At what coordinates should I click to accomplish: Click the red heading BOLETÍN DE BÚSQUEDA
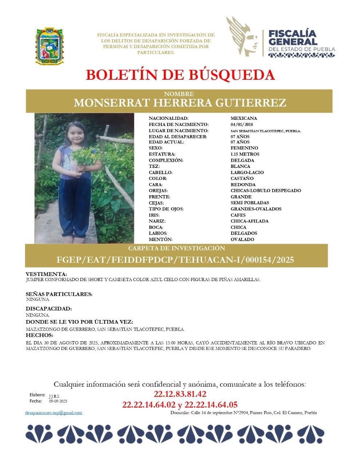pos(180,75)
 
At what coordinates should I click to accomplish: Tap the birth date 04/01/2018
pos(242,125)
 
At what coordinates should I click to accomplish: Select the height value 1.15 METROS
pos(245,154)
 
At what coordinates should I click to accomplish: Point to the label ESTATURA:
pos(162,154)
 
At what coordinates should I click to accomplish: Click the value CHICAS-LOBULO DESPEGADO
pos(266,191)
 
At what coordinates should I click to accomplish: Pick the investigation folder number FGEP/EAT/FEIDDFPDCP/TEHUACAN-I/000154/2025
pos(175,260)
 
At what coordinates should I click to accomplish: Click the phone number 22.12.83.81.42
pos(180,394)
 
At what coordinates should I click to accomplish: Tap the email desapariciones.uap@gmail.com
pos(54,413)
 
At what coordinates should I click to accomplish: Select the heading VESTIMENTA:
pos(46,274)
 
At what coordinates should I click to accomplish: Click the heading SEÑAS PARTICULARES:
pos(59,294)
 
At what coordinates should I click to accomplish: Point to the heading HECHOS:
pos(39,335)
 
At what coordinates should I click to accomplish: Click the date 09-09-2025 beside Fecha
pos(58,401)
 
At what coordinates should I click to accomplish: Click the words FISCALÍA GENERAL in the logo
pos(292,37)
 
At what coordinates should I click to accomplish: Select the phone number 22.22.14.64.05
pos(211,404)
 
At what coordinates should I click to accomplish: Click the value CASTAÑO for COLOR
pos(242,179)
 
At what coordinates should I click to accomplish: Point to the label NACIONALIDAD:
pos(169,118)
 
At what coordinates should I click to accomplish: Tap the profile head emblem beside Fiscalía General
pos(243,37)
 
